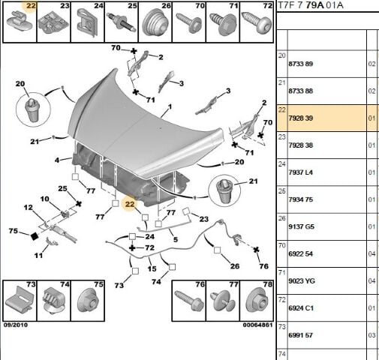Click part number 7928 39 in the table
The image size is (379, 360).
point(300,118)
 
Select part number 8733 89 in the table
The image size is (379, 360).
point(300,64)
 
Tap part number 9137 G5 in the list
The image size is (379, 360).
point(300,226)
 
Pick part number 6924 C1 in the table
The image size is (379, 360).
point(301,308)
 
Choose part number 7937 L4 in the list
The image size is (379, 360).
point(300,172)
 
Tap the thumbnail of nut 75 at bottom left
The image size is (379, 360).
point(89,301)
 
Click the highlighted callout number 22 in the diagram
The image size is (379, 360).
point(130,204)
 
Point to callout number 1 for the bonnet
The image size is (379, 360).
point(170,106)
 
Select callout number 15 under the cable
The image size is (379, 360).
point(152,268)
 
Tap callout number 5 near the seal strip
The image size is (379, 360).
point(176,239)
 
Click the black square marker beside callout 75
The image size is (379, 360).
point(35,236)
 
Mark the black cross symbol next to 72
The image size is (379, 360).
point(132,247)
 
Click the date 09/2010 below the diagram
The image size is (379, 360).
point(16,325)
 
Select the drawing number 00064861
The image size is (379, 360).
point(257,325)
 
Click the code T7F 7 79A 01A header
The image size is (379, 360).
point(311,5)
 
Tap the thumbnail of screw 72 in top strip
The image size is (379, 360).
point(256,23)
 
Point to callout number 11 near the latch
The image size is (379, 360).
point(38,256)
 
